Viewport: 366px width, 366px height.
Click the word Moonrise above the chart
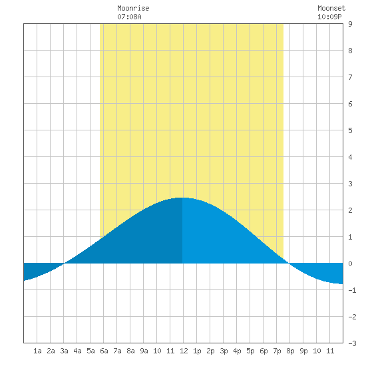point(133,8)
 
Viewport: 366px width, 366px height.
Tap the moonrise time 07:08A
point(129,17)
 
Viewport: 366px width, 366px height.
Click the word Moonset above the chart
point(331,8)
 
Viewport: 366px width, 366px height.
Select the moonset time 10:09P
point(329,17)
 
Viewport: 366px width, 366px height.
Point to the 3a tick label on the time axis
point(64,351)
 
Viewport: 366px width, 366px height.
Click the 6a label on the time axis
point(104,351)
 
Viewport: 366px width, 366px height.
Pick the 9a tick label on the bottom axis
point(144,351)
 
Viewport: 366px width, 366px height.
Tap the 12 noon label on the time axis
point(184,351)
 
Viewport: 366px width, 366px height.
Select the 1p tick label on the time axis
point(197,351)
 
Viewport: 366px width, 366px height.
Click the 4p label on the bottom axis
point(237,351)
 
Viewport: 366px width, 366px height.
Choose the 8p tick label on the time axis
point(290,351)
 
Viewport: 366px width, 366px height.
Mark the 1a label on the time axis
point(37,351)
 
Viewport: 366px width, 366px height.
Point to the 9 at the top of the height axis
point(350,24)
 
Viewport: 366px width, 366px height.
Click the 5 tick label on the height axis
point(350,130)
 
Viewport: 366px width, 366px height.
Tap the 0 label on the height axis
point(350,264)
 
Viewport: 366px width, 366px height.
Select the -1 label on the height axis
point(352,290)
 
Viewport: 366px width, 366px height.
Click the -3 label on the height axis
point(352,343)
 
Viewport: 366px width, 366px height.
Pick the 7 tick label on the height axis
point(350,77)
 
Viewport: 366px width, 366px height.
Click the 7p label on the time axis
point(277,351)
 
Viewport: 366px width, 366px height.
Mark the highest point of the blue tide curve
point(182,198)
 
